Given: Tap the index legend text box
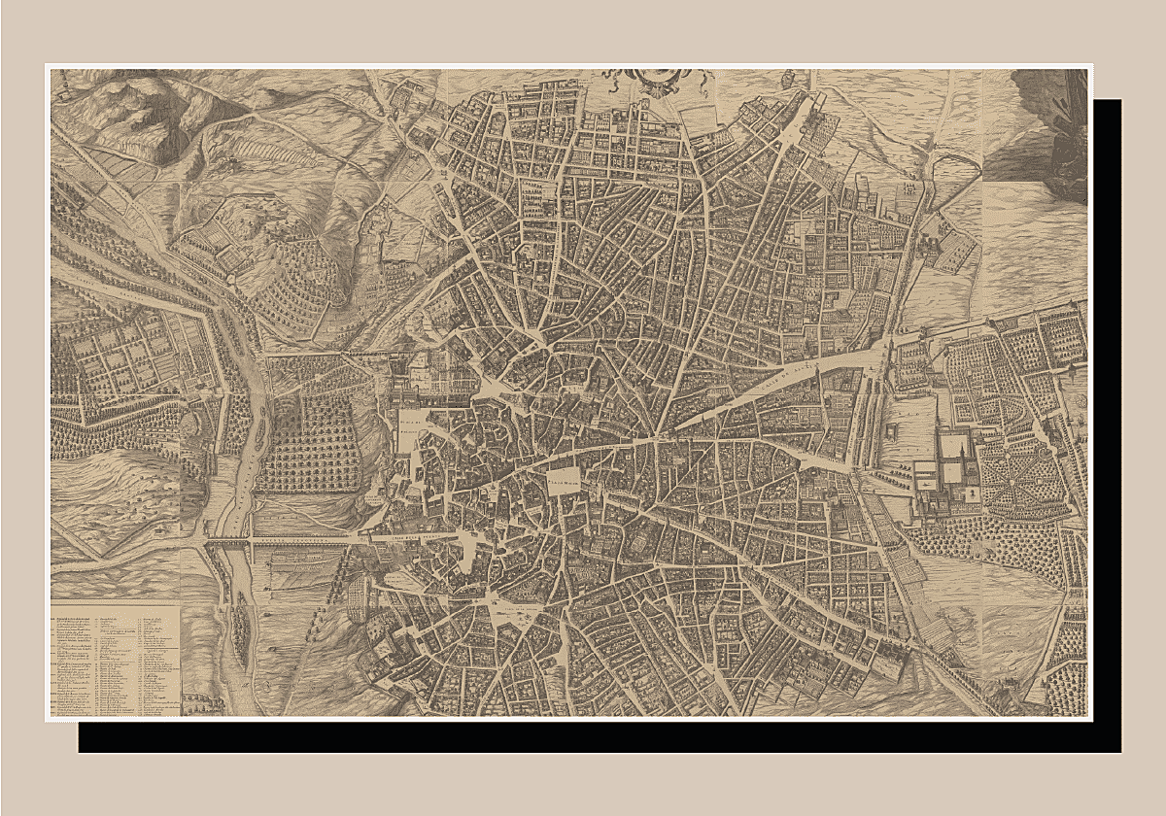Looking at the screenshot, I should click(x=115, y=661).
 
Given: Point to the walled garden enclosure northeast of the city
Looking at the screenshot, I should click(x=947, y=238).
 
